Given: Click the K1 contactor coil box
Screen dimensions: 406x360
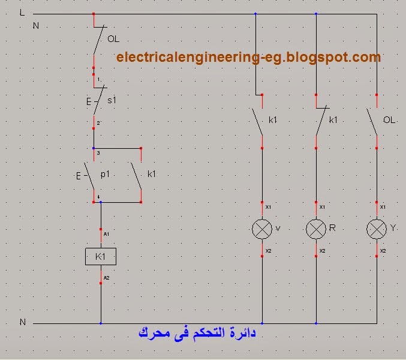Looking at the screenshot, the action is click(100, 257).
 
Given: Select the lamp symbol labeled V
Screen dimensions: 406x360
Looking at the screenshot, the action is click(262, 229).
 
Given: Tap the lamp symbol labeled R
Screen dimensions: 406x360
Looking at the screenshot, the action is click(316, 229).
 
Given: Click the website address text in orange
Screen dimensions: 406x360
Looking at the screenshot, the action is click(248, 58).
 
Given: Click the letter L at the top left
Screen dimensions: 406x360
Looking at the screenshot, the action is click(22, 13).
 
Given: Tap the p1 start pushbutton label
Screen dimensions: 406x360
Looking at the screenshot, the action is click(106, 174).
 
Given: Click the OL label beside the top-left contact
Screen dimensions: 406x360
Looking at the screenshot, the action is click(113, 39).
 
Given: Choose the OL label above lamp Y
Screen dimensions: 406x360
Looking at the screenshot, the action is click(389, 120).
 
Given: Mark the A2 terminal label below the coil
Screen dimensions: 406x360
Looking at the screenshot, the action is click(107, 278).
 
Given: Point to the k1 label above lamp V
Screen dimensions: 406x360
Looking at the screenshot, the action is click(273, 120).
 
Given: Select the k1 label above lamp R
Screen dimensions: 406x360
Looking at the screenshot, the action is click(333, 120).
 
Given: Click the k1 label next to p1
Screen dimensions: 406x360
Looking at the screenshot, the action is click(151, 174).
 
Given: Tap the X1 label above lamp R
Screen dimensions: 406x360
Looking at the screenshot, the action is click(322, 207).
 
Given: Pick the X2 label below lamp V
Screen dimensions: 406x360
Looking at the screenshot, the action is click(268, 250).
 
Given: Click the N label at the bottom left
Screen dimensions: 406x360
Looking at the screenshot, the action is click(23, 322).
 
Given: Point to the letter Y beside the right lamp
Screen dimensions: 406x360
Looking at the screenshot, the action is click(393, 228).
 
